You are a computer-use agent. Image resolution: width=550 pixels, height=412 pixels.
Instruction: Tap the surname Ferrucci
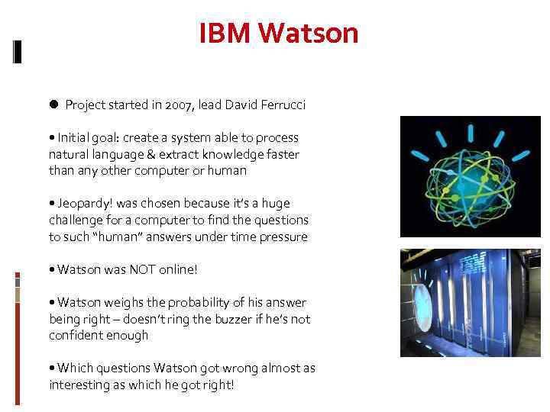[281, 105]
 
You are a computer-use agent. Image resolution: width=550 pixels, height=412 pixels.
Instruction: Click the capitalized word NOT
[143, 270]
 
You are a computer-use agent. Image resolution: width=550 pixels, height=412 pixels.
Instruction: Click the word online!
[181, 270]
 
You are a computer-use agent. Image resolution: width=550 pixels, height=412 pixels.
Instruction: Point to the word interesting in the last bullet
[80, 385]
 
